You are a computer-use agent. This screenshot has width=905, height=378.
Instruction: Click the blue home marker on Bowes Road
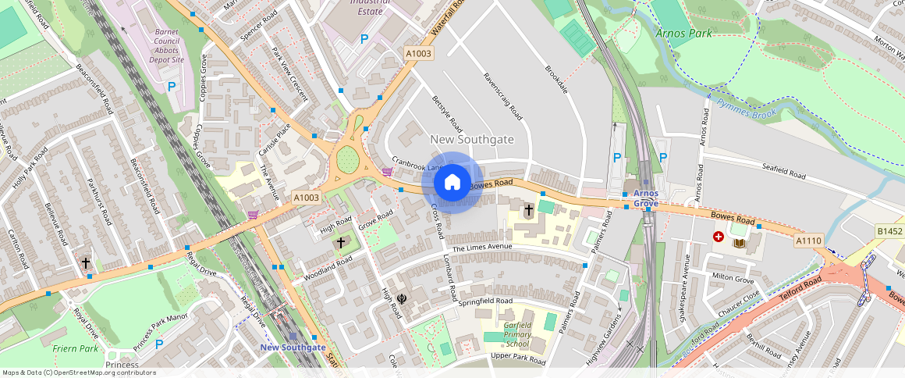point(452,183)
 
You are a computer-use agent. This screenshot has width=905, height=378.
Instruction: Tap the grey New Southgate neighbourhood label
point(472,139)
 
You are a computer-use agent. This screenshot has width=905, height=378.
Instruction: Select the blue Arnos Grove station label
point(646,198)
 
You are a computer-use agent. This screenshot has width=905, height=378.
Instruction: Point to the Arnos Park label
point(683,34)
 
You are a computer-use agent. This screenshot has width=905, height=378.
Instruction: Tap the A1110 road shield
point(808,241)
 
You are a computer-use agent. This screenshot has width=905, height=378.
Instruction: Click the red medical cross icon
point(719,237)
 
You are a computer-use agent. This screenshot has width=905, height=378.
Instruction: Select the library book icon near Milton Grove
point(740,244)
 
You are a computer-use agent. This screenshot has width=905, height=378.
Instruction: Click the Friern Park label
point(75,348)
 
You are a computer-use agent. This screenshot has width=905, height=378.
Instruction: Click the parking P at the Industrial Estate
point(364,38)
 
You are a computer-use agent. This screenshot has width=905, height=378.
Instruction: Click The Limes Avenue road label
point(482,248)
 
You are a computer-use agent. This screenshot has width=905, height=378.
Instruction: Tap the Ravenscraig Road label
point(502,95)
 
